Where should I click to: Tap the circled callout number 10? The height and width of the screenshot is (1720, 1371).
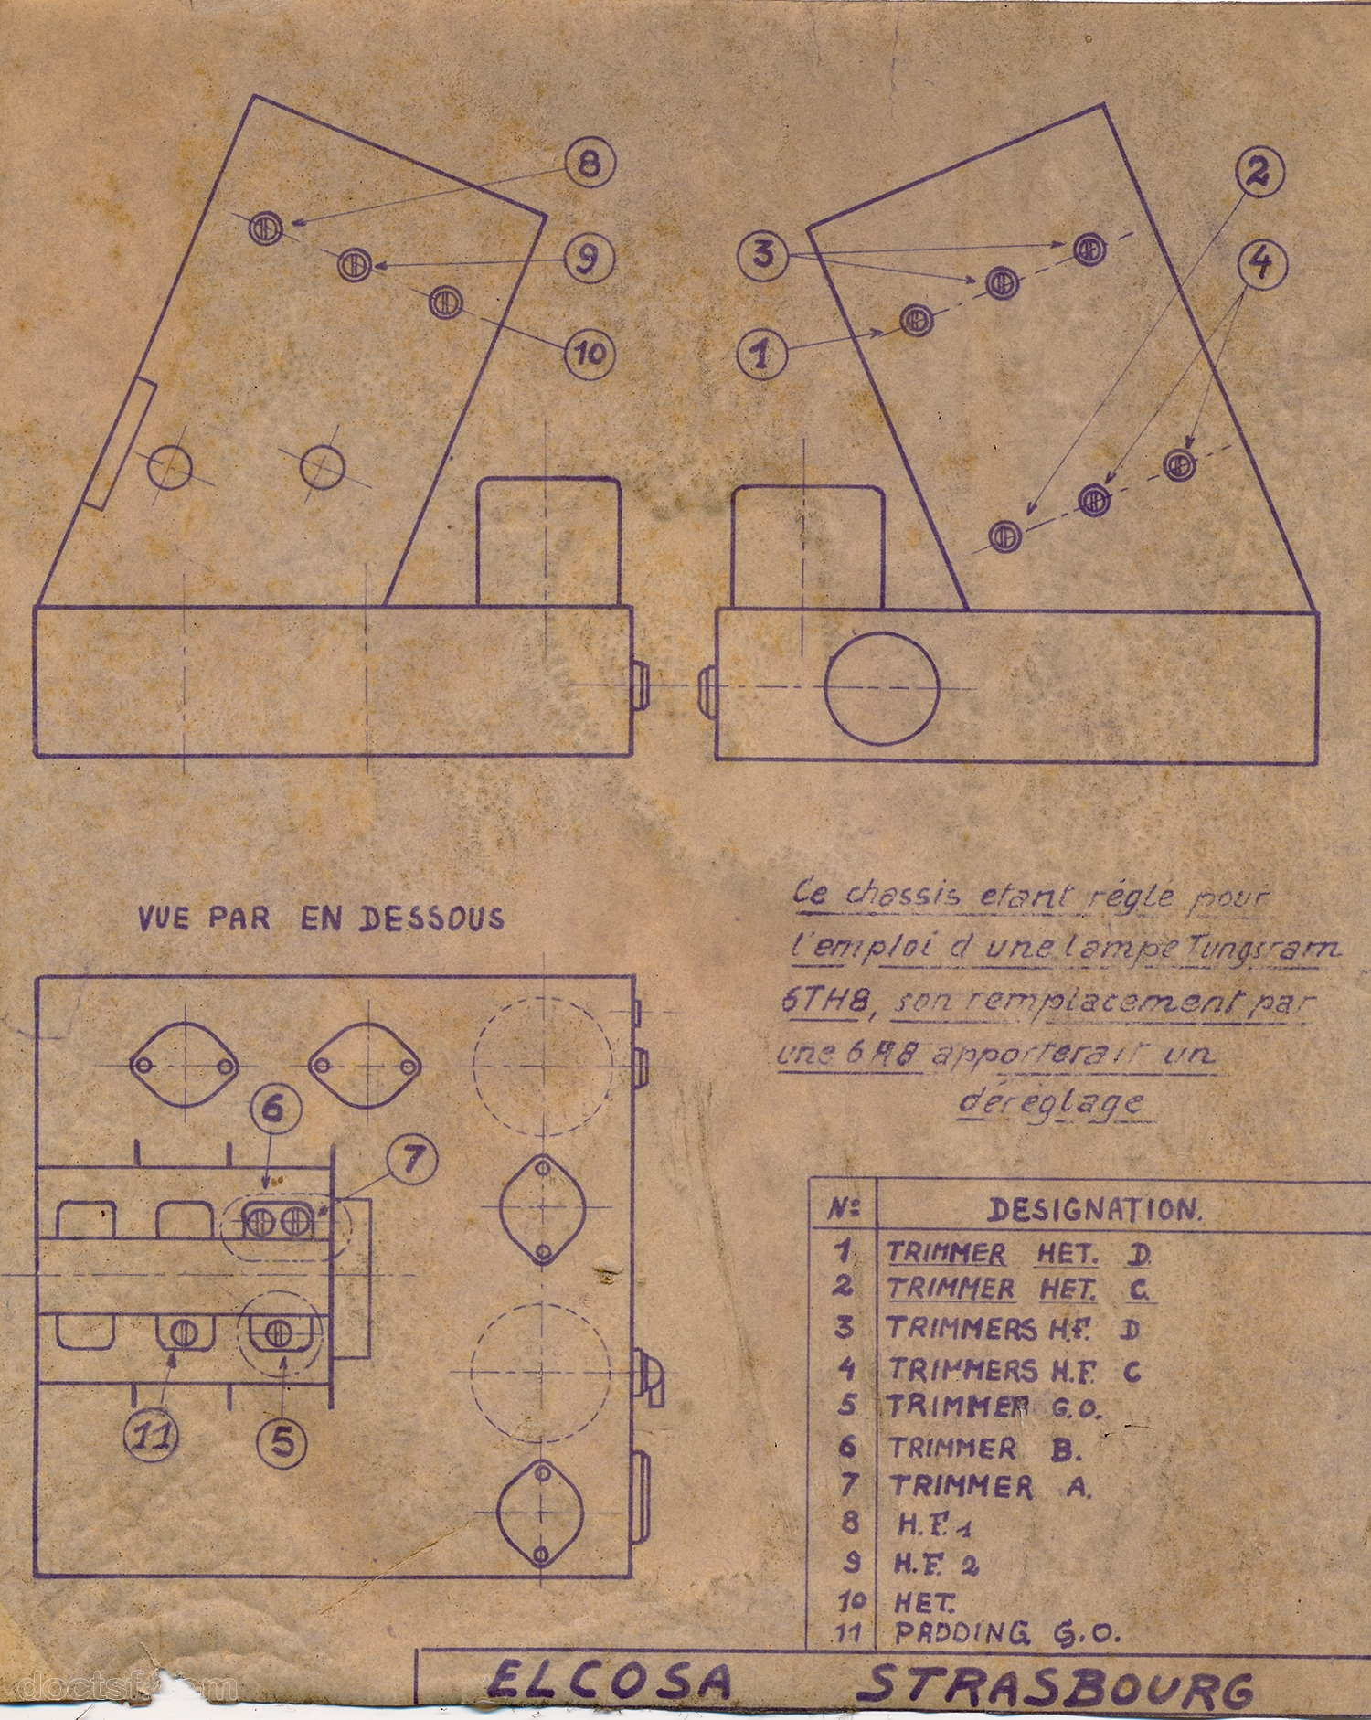[590, 353]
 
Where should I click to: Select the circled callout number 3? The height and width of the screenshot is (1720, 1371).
[762, 253]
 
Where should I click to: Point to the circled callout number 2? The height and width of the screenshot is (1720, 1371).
[1259, 173]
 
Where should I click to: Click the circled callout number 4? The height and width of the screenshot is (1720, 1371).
[1261, 263]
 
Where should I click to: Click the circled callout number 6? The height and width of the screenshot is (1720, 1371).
[275, 1110]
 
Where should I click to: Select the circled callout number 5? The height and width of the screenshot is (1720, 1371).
[282, 1441]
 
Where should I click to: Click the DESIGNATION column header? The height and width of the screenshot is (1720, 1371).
[1094, 1210]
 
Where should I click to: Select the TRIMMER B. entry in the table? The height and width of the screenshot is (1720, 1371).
[984, 1448]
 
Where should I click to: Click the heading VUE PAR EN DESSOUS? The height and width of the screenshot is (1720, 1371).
[320, 918]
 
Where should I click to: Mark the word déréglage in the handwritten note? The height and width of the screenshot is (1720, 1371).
[1051, 1102]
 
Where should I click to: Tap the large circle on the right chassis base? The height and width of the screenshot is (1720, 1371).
[881, 688]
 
